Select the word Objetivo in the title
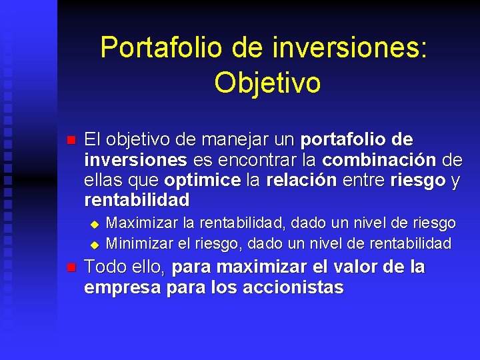tap(267, 82)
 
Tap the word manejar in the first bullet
tap(226, 140)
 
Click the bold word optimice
tap(202, 180)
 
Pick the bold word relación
tap(301, 180)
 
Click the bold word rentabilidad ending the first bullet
tap(137, 200)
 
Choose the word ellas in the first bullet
tap(103, 180)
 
